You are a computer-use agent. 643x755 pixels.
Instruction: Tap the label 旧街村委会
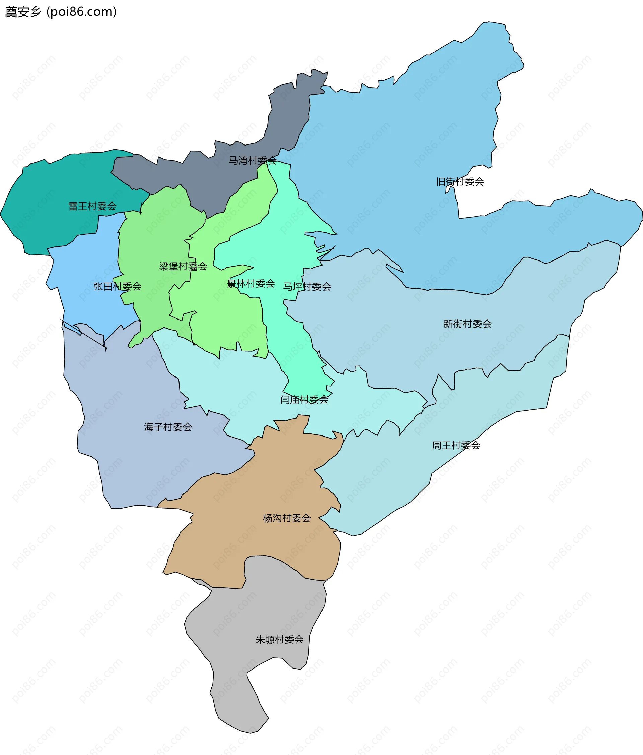pyautogui.click(x=460, y=181)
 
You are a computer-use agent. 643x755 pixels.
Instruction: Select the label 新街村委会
pyautogui.click(x=467, y=324)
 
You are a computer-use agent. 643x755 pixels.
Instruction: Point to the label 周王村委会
pyautogui.click(x=456, y=445)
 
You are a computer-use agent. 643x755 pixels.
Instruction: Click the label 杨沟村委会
pyautogui.click(x=287, y=518)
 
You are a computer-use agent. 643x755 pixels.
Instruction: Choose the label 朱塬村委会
pyautogui.click(x=279, y=639)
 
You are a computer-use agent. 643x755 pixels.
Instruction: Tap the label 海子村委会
pyautogui.click(x=168, y=427)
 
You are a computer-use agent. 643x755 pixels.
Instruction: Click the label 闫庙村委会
pyautogui.click(x=304, y=400)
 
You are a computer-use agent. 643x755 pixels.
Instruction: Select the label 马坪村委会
pyautogui.click(x=307, y=287)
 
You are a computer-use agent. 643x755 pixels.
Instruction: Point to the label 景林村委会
pyautogui.click(x=251, y=284)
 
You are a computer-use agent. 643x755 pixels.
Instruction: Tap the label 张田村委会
pyautogui.click(x=117, y=286)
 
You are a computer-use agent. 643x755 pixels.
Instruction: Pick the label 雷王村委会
pyautogui.click(x=92, y=206)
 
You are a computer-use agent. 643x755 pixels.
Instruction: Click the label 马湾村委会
pyautogui.click(x=253, y=160)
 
